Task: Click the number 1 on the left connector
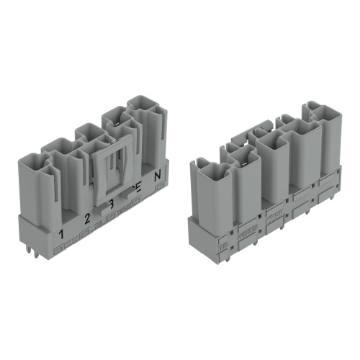(x=62, y=233)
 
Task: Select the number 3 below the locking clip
(x=112, y=204)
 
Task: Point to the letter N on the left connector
(x=158, y=174)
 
